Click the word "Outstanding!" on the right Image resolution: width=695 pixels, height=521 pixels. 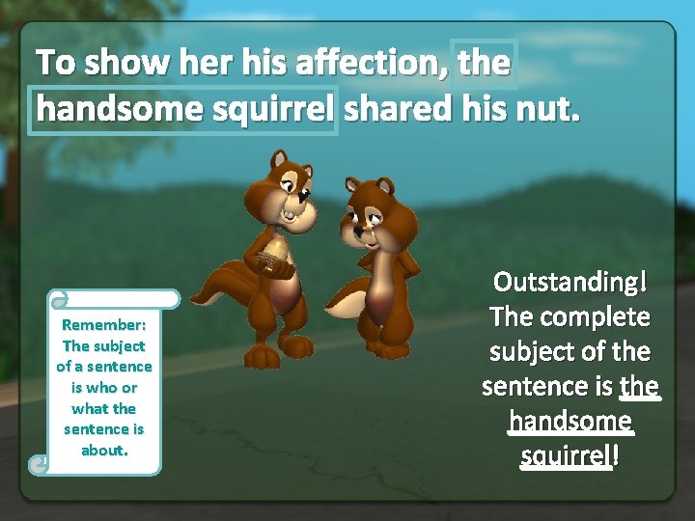click(570, 282)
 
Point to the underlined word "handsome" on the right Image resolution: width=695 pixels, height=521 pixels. click(570, 422)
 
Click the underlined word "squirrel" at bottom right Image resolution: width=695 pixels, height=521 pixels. click(565, 455)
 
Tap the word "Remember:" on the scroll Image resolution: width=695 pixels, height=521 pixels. click(104, 325)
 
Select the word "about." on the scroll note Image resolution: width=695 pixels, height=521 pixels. click(104, 450)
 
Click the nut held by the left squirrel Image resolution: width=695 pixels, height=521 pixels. click(275, 256)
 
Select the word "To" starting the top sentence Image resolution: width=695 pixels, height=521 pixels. click(56, 63)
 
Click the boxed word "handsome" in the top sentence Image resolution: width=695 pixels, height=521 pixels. click(118, 109)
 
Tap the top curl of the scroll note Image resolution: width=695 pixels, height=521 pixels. click(58, 299)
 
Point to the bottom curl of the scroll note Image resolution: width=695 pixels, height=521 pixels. click(39, 464)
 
